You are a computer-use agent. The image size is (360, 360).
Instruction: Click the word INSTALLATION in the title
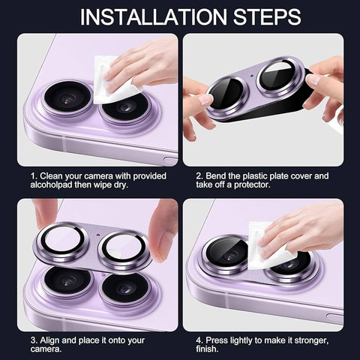153,17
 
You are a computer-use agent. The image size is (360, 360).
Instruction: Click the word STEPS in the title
267,17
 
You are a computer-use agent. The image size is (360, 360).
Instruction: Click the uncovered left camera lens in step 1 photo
67,98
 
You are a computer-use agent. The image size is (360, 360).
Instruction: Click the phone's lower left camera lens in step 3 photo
68,281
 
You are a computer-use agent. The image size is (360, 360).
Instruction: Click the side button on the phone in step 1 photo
170,160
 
